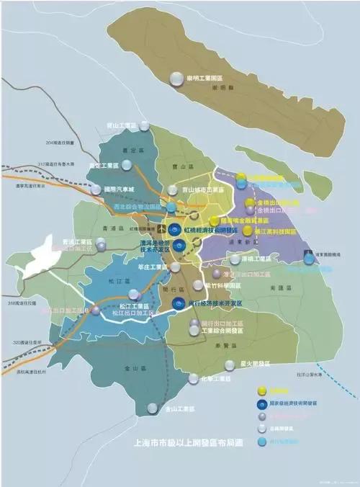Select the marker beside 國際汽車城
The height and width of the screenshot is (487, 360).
pyautogui.click(x=96, y=189)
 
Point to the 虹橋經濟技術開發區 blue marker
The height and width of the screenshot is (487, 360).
pyautogui.click(x=174, y=229)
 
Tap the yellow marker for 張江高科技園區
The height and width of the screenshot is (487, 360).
pyautogui.click(x=248, y=231)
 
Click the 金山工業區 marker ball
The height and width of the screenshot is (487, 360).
pyautogui.click(x=153, y=408)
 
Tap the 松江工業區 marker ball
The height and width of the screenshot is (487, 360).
pyautogui.click(x=134, y=294)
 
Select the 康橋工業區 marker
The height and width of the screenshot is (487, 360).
pyautogui.click(x=235, y=259)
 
